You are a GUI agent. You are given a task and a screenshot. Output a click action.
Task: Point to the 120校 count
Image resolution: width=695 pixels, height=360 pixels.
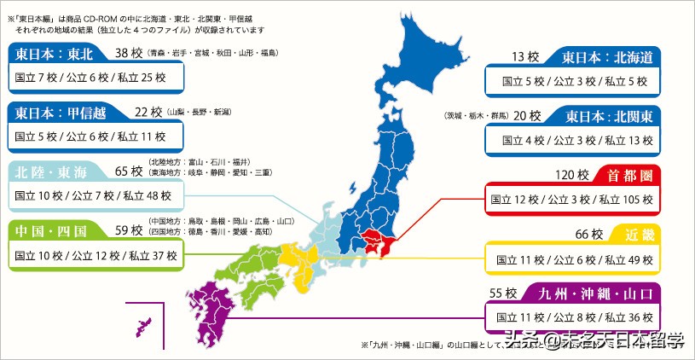(572, 176)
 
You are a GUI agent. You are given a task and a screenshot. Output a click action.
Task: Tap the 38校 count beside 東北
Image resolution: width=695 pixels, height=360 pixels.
(128, 54)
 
